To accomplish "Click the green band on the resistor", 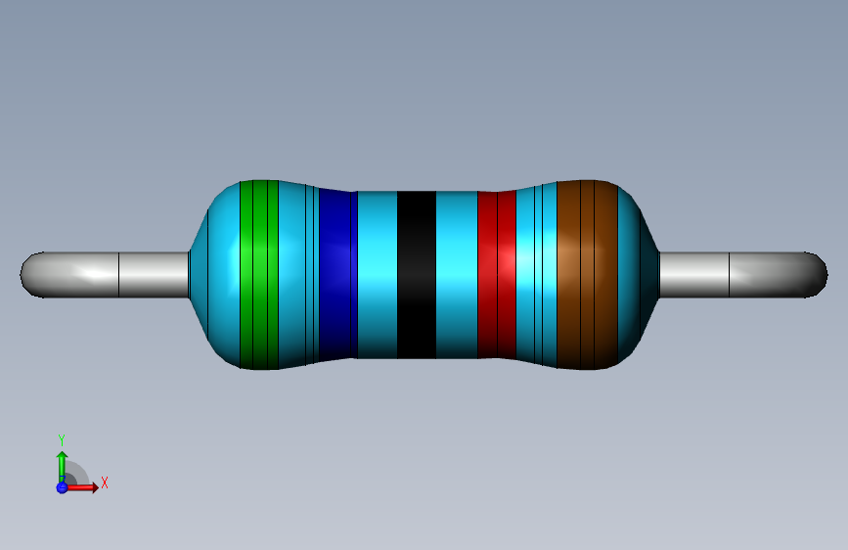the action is pyautogui.click(x=259, y=275).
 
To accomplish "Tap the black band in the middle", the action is pyautogui.click(x=417, y=274).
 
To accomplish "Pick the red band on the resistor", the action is pyautogui.click(x=497, y=274).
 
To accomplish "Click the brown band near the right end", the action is pyautogui.click(x=587, y=275).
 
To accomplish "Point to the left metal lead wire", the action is pyautogui.click(x=105, y=274).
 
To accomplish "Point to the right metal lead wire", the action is pyautogui.click(x=743, y=274).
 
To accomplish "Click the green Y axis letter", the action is pyautogui.click(x=62, y=440).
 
